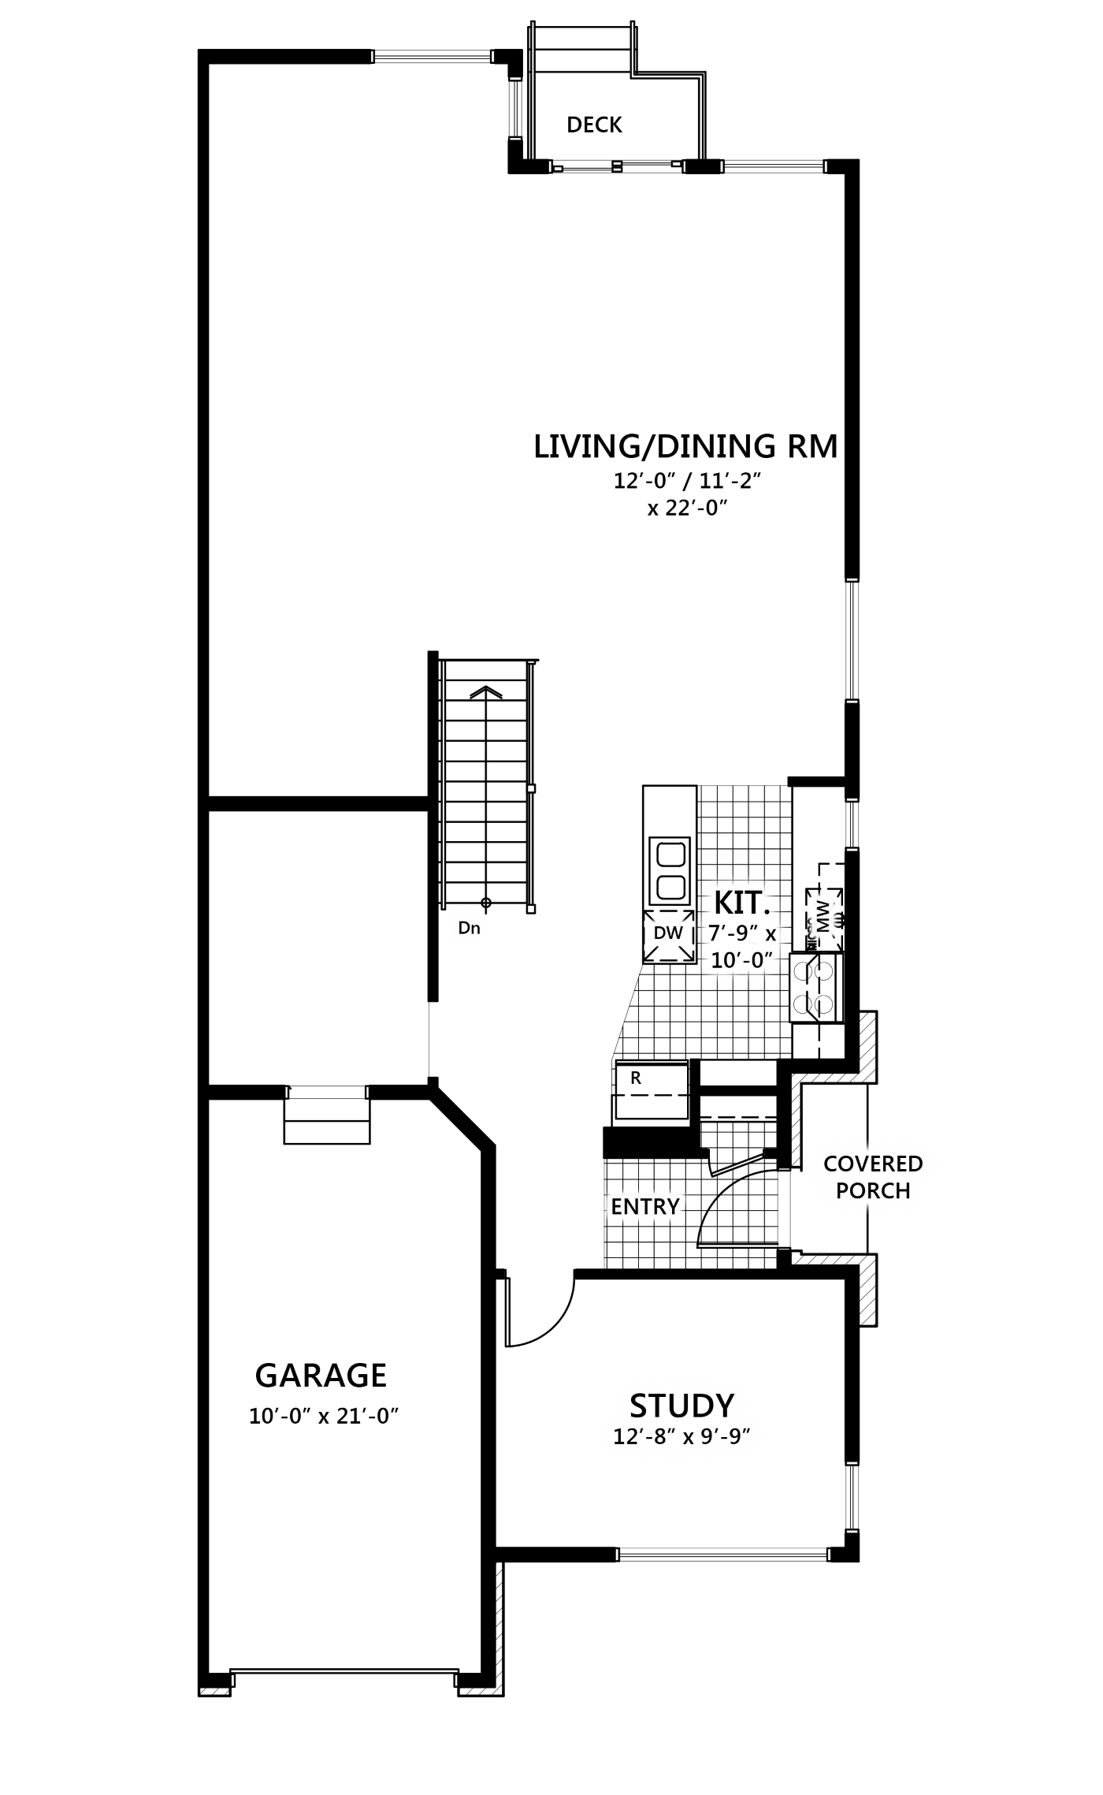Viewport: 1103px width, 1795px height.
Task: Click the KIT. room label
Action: point(741,903)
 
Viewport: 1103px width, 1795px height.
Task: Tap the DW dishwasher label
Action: point(668,933)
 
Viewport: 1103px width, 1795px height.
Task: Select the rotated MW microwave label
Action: point(823,918)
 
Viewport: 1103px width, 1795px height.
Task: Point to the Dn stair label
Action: point(469,928)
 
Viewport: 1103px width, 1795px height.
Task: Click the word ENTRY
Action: point(644,1207)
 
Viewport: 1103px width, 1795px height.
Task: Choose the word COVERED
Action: point(873,1164)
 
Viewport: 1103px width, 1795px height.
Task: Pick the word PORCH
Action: point(873,1191)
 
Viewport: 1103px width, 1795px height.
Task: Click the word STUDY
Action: point(681,1406)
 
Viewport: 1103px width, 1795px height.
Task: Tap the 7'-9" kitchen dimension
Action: point(733,933)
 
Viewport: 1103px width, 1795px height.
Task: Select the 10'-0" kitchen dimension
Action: point(740,961)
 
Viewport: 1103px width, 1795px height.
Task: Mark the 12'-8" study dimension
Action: point(644,1437)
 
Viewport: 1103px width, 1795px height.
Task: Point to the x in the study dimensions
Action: point(688,1438)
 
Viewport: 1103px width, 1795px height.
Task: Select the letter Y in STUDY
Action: point(724,1406)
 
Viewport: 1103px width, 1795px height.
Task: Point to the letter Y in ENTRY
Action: point(672,1207)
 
